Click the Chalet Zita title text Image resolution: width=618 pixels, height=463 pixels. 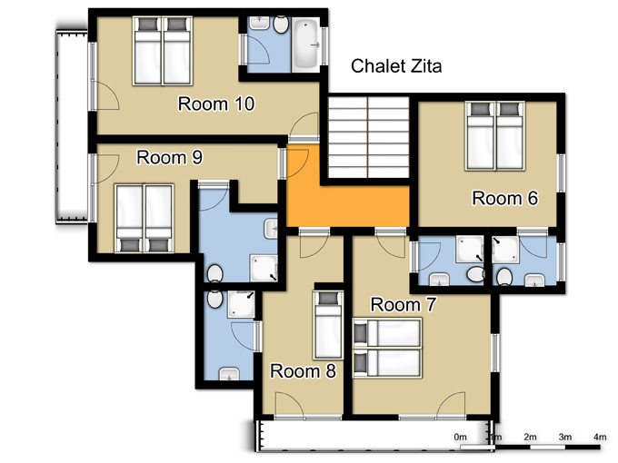(x=396, y=65)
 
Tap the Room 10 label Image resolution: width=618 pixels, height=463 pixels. (x=216, y=103)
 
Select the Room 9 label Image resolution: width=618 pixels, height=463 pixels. (x=169, y=157)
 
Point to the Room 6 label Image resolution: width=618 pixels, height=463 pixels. (x=504, y=198)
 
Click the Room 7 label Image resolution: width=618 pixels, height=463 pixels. (x=404, y=305)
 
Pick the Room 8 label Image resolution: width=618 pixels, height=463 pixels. (x=303, y=371)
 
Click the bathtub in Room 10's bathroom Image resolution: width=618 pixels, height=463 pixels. (x=306, y=44)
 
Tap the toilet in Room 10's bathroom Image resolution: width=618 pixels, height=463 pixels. (x=281, y=25)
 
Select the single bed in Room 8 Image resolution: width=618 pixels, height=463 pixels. (x=327, y=325)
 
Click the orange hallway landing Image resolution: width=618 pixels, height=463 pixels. (x=347, y=206)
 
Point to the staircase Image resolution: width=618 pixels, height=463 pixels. (x=368, y=137)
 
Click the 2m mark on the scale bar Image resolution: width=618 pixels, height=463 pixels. (x=530, y=447)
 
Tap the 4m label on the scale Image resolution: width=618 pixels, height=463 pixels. (x=600, y=437)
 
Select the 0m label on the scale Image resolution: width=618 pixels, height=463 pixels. (x=461, y=437)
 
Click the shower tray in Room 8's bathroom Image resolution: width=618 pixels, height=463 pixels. (x=241, y=304)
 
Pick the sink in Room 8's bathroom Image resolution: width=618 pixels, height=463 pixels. (x=229, y=374)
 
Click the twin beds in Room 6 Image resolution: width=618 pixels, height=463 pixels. (x=495, y=136)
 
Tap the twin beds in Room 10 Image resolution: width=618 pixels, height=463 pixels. (x=163, y=51)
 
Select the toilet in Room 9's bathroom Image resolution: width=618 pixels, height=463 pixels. (x=214, y=273)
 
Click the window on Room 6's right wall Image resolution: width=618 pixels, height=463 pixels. (x=562, y=172)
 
